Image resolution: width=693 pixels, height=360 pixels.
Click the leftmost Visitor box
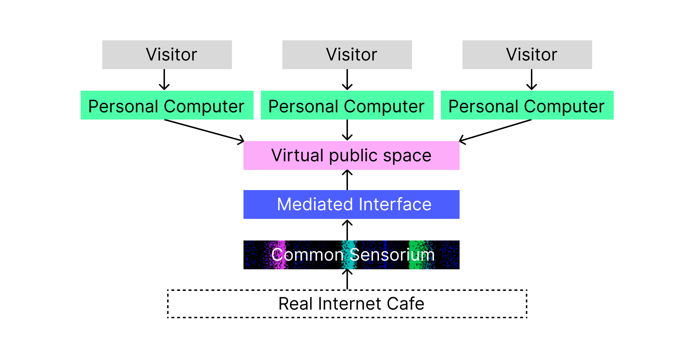click(167, 55)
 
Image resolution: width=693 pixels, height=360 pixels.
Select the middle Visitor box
click(347, 55)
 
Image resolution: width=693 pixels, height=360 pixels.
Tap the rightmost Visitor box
click(527, 55)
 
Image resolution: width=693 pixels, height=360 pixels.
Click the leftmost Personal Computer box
click(167, 105)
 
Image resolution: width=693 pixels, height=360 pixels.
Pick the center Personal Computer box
click(347, 105)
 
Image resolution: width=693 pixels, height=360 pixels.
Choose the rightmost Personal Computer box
click(527, 105)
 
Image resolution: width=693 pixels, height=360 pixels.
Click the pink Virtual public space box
click(351, 156)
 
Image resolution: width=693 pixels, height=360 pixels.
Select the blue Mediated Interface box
click(351, 204)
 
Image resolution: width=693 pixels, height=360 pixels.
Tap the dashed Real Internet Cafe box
click(347, 304)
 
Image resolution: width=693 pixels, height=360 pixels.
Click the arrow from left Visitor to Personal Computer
click(164, 80)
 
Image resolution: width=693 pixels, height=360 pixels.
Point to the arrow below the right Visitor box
click(532, 80)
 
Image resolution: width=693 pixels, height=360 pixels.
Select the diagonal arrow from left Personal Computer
click(204, 130)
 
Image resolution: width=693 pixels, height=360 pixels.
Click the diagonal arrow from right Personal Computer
click(496, 130)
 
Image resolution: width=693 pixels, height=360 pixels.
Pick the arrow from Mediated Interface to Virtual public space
click(347, 180)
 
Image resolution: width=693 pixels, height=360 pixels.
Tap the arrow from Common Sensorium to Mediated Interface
click(347, 230)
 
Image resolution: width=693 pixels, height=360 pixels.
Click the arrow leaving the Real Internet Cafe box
click(347, 280)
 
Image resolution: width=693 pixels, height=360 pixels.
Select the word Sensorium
click(392, 255)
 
